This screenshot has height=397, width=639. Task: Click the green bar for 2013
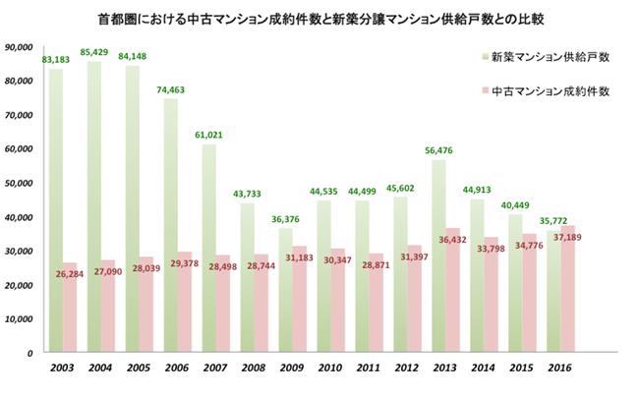(438, 255)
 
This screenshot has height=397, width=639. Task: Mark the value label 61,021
(208, 135)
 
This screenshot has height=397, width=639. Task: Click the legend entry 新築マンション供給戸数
(551, 57)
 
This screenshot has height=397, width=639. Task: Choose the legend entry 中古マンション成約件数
(551, 91)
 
